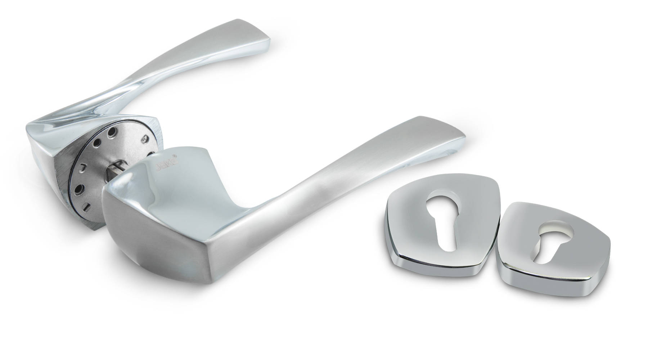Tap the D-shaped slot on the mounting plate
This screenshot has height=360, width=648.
coord(83,167)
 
